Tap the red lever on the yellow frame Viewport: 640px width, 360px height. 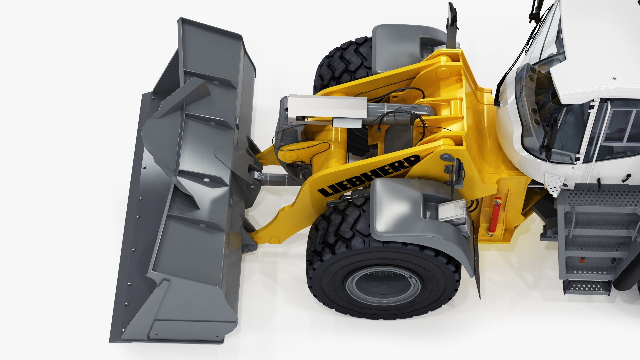[x=496, y=215]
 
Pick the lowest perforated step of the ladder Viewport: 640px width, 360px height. [x=587, y=287]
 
